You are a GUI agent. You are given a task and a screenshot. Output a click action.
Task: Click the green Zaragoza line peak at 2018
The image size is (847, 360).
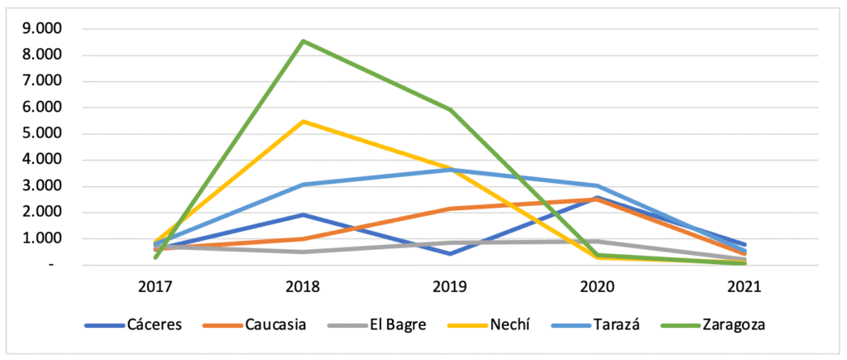(x=304, y=41)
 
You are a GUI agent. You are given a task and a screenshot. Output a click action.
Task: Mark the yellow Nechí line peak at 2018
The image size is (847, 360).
(x=304, y=121)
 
